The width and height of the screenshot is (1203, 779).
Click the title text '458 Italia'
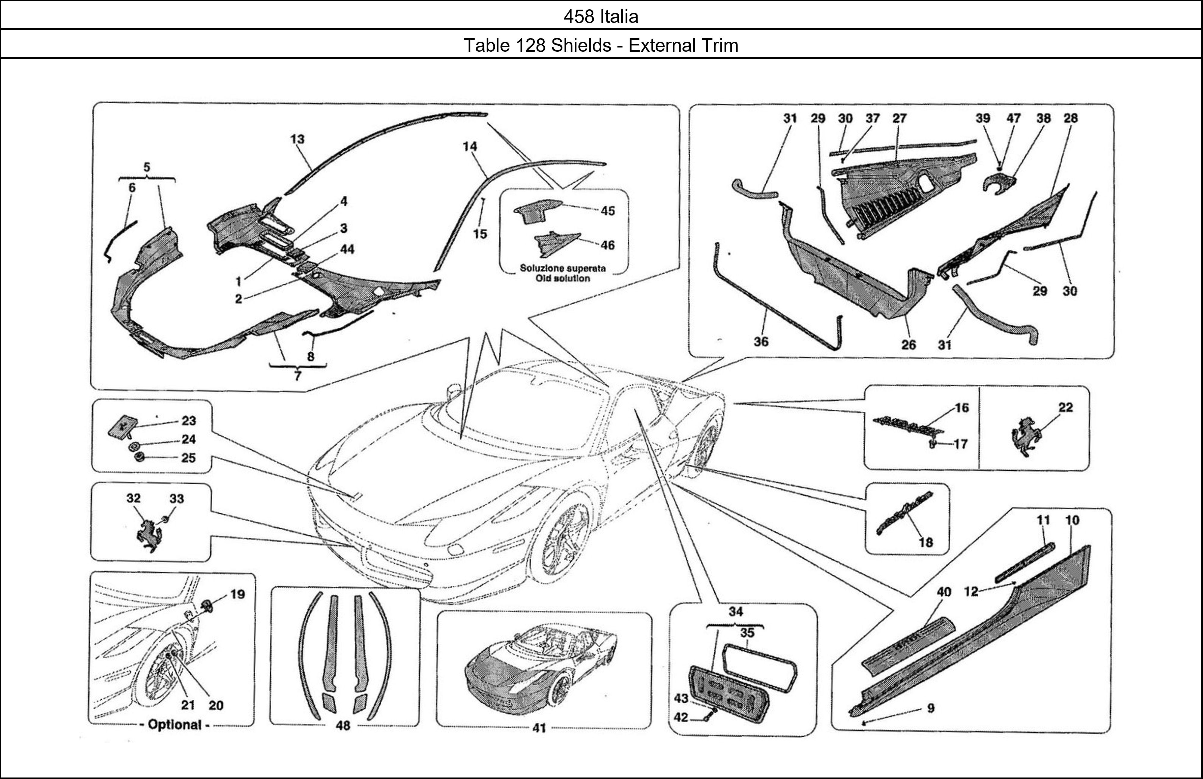pos(601,17)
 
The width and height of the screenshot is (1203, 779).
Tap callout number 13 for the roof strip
pos(297,139)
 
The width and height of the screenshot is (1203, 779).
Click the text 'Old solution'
pos(563,278)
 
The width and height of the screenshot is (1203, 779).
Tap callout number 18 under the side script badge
pos(925,542)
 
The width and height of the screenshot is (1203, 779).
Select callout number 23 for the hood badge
pos(189,421)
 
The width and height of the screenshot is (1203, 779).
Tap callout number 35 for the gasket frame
pos(747,633)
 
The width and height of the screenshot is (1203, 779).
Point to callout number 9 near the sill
pos(931,708)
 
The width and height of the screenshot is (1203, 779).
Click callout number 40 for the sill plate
pos(944,592)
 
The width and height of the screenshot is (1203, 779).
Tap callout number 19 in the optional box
pos(238,594)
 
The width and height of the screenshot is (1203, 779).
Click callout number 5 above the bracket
pos(146,167)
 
